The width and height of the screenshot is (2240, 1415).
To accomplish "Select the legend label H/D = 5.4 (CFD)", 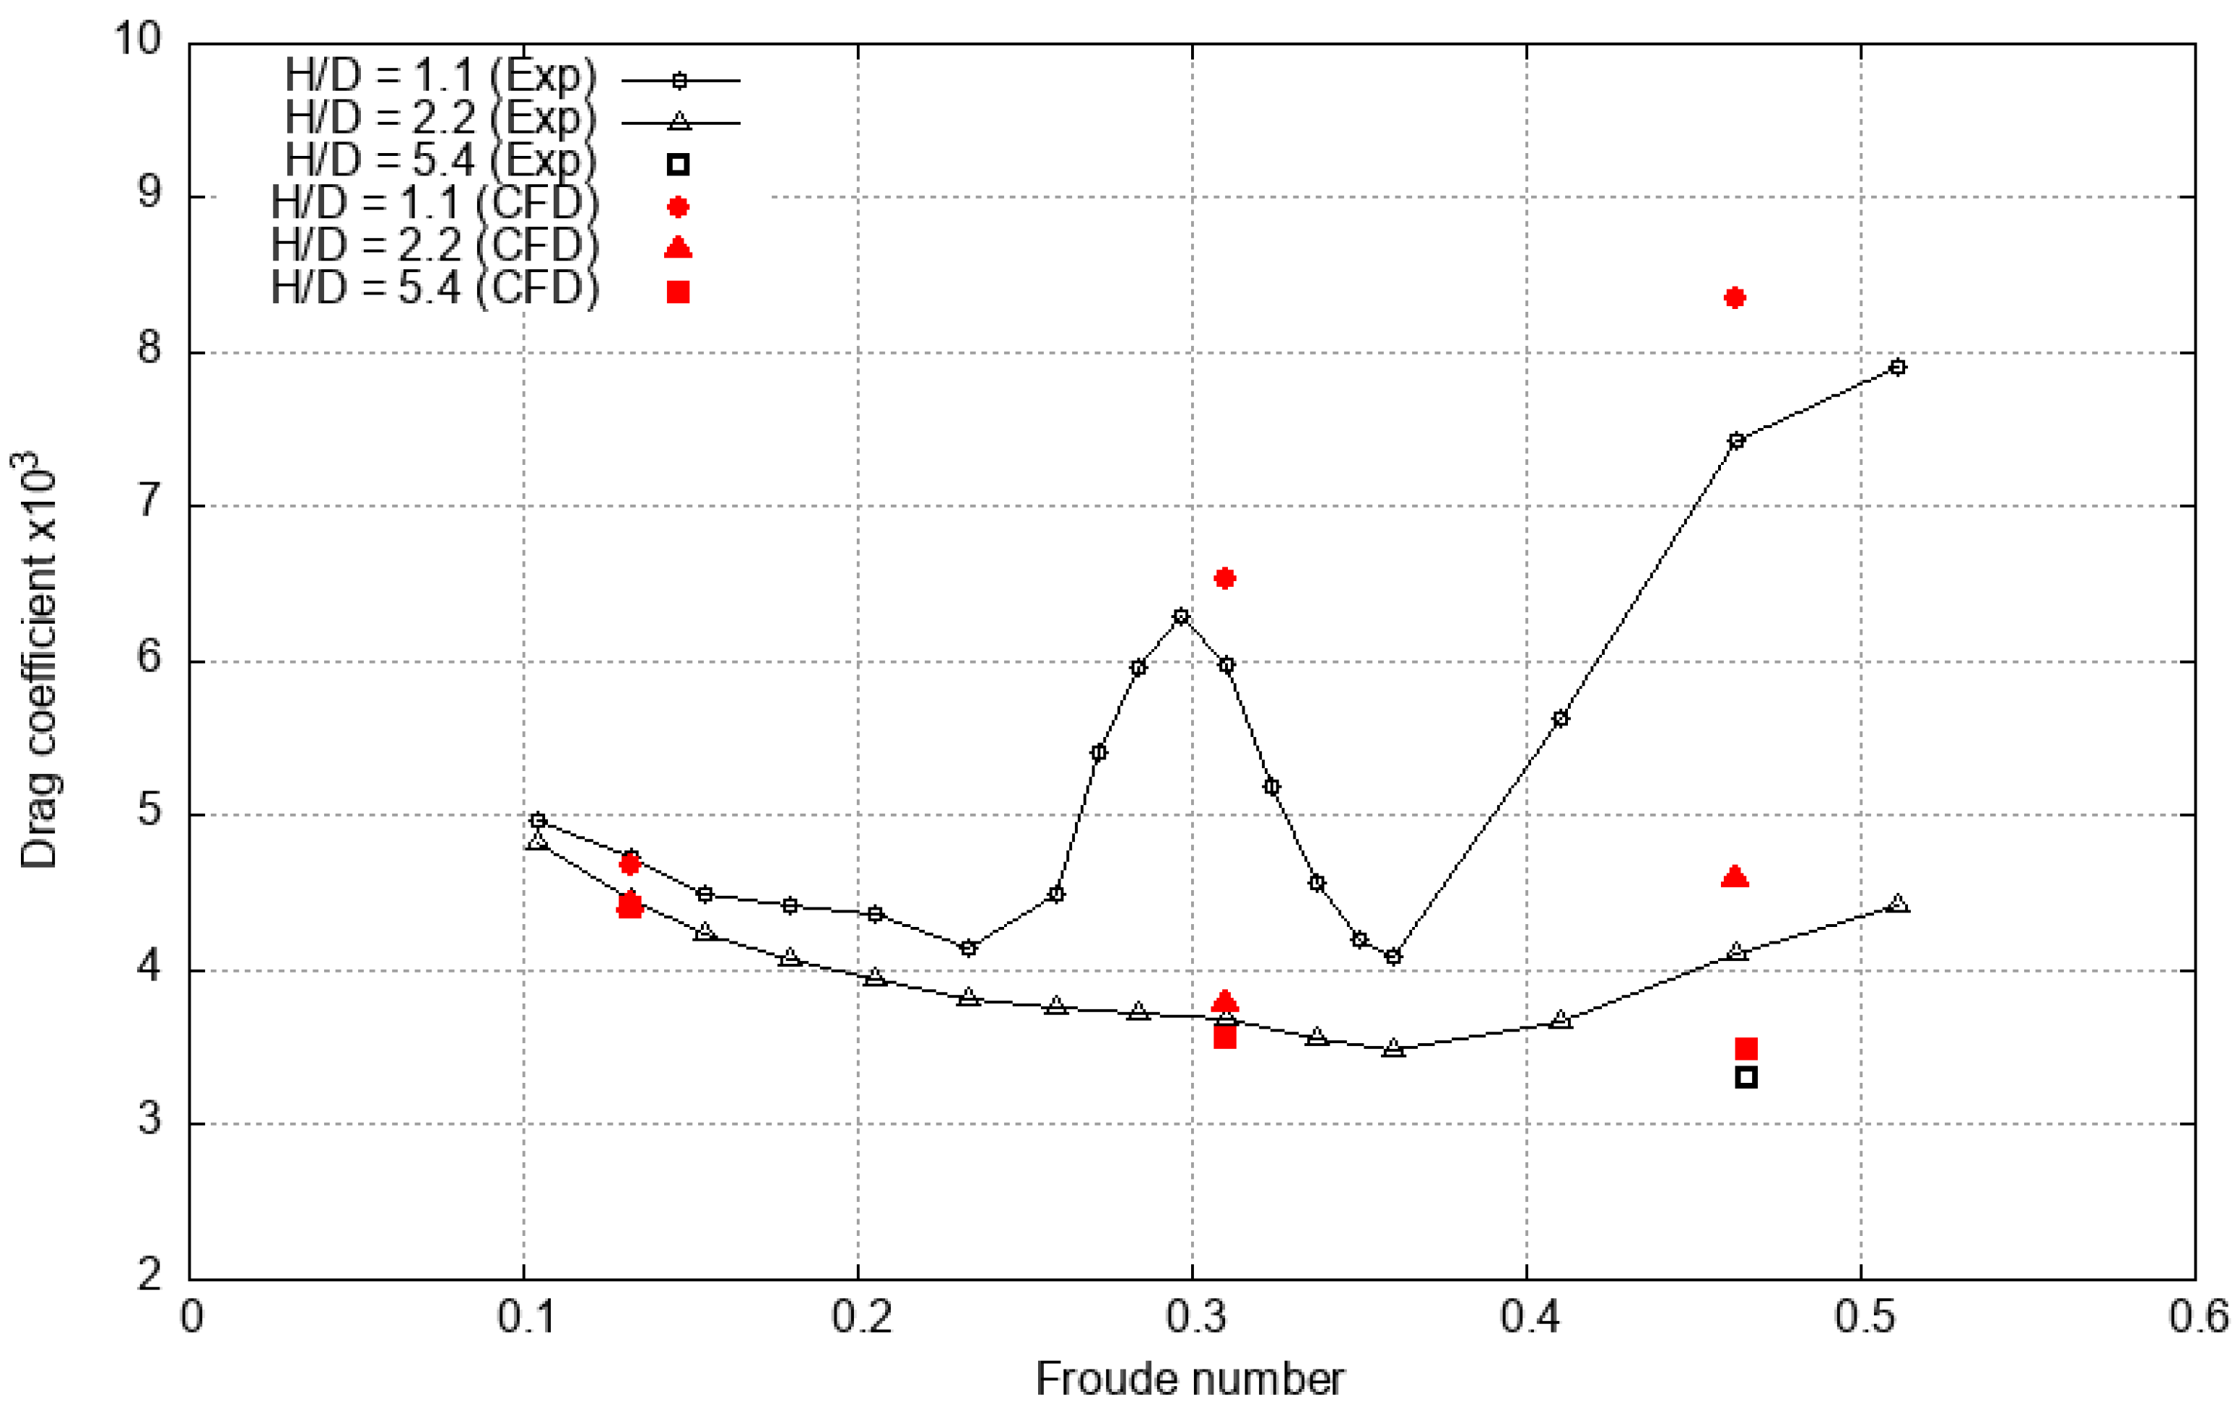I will pos(435,288).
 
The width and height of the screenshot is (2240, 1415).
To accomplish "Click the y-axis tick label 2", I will pos(149,1274).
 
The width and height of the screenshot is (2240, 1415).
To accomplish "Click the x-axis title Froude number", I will pos(1190,1380).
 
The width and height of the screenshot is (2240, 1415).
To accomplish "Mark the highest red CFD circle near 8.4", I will pos(1734,297).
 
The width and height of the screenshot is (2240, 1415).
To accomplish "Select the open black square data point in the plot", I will pos(1746,1077).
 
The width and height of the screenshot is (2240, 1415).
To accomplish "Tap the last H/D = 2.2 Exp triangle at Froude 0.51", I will pos(1899,903).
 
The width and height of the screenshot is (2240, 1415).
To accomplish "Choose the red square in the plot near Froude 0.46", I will pos(1746,1048).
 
